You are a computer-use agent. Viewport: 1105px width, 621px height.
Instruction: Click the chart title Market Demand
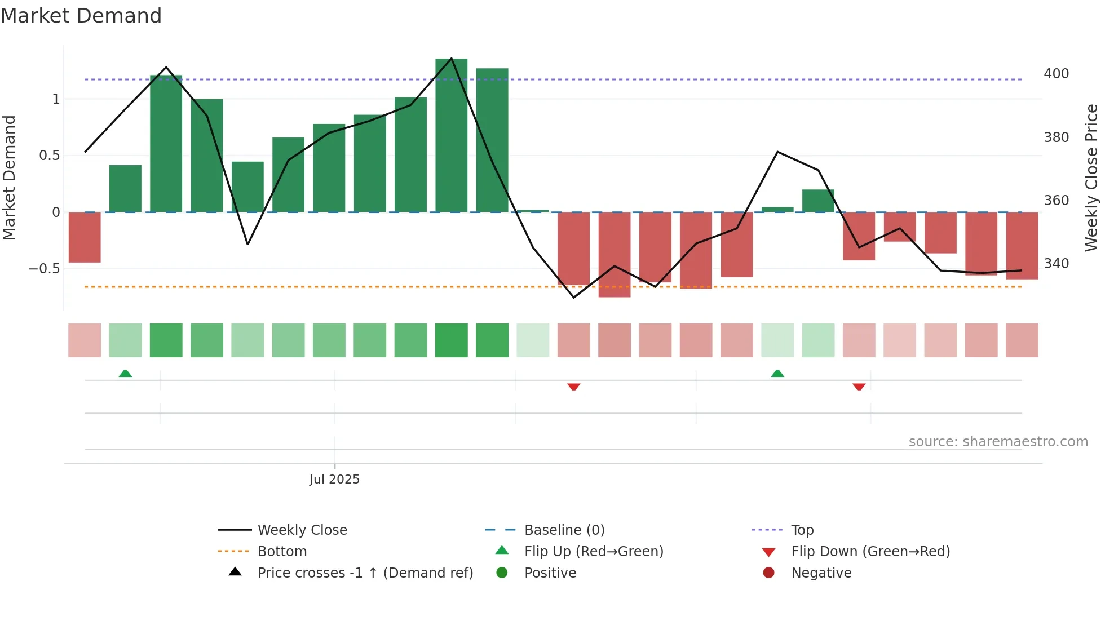[81, 16]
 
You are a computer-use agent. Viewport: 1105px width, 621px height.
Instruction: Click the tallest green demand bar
[451, 135]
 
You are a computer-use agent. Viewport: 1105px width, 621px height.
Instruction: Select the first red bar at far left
[85, 237]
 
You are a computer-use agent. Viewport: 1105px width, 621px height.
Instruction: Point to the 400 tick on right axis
[1056, 74]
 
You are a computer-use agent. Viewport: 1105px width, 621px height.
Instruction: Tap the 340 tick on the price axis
[1056, 264]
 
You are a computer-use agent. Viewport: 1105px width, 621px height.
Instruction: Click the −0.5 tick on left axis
[45, 269]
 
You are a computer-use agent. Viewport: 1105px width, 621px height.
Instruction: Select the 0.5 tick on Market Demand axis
[50, 156]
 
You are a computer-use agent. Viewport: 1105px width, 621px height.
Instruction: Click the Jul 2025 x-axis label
[334, 480]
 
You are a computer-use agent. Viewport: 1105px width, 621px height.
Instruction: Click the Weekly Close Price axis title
[1091, 178]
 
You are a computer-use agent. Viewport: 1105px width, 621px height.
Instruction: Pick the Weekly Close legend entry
[302, 530]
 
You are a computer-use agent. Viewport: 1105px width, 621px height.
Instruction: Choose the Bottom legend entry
[282, 552]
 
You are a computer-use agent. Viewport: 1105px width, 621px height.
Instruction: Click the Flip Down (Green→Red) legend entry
[870, 552]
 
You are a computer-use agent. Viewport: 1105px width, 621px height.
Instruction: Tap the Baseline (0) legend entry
[564, 530]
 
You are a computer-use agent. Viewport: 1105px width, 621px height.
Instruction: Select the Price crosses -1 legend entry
[365, 573]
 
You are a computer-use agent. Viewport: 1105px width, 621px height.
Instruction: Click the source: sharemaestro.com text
[998, 442]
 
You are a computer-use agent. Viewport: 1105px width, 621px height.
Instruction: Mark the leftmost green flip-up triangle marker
[125, 374]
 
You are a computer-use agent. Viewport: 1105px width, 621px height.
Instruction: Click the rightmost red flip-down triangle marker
[859, 387]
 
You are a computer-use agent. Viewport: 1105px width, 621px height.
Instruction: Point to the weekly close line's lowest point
[574, 298]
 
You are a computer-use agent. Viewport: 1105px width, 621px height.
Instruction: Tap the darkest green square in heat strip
[451, 340]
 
